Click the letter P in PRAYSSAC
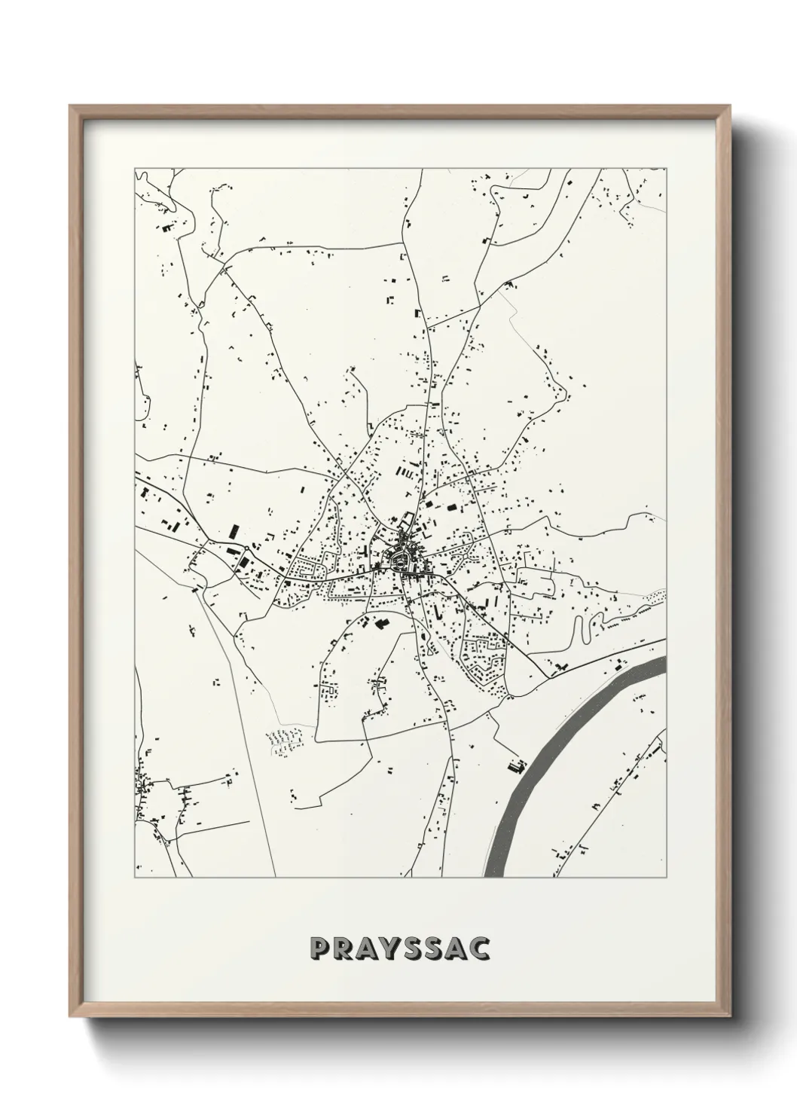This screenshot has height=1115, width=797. point(317,949)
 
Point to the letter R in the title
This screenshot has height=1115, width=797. point(340,949)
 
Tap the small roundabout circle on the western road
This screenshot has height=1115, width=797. point(246,548)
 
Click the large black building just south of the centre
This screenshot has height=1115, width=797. point(380,623)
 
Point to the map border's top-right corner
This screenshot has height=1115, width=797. point(667,168)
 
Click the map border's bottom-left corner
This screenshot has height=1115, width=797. point(135,877)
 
